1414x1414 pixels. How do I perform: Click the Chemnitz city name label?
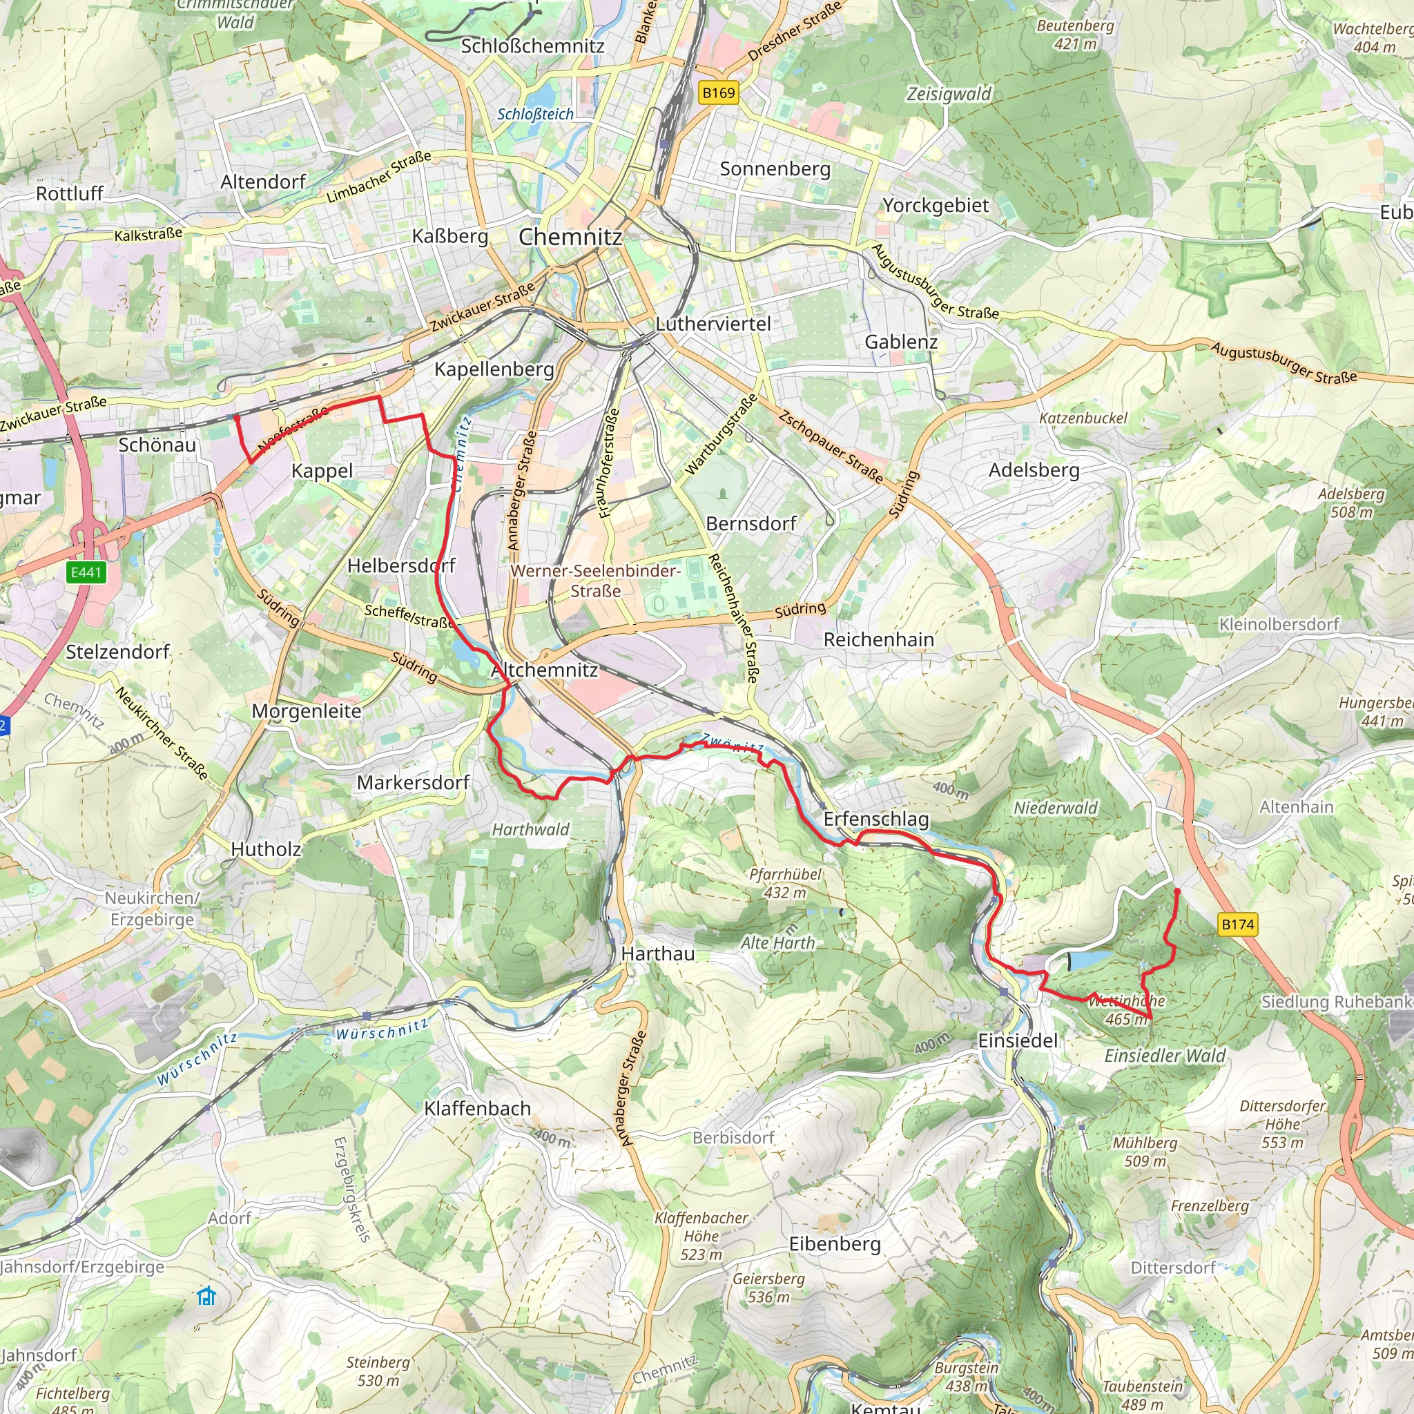click(x=570, y=236)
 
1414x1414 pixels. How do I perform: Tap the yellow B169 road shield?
click(x=718, y=93)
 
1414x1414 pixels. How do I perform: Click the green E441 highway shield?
click(x=86, y=572)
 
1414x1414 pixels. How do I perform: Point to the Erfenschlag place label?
click(x=875, y=819)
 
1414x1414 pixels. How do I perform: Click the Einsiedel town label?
click(x=1017, y=1040)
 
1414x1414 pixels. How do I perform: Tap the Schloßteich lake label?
click(x=535, y=114)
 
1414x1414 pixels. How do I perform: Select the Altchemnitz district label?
click(x=545, y=670)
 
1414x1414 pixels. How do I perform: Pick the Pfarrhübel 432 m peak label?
click(x=785, y=882)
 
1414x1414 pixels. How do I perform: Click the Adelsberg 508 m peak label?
click(x=1351, y=503)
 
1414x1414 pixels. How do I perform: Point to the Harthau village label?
click(x=657, y=953)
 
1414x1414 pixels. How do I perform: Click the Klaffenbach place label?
click(x=477, y=1108)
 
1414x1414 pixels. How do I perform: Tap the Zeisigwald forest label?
click(x=949, y=94)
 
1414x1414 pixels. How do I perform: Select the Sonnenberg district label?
click(x=775, y=169)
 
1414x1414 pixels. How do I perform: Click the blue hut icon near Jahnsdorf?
click(x=207, y=1296)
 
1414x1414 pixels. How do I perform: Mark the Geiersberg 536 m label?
click(x=768, y=1288)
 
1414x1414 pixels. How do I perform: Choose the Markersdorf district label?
click(x=413, y=782)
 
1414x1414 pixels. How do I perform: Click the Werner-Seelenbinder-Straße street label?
click(x=595, y=581)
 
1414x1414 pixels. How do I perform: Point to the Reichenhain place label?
click(x=878, y=639)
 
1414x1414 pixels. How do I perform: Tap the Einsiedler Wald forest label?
click(x=1165, y=1056)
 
